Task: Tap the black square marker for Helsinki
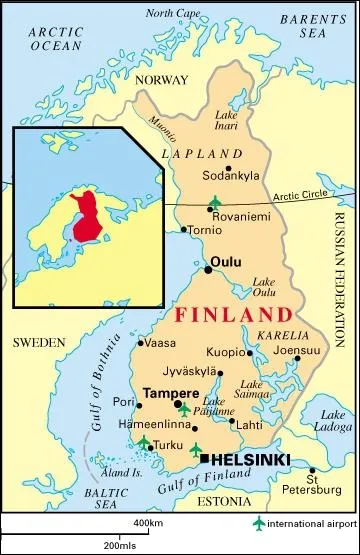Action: coord(204,458)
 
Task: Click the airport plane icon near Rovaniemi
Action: coord(214,204)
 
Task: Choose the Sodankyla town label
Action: coord(232,175)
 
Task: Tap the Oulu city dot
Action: coord(208,269)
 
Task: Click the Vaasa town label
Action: coord(161,342)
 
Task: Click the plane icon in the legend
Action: coord(261,523)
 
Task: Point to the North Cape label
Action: coord(172,13)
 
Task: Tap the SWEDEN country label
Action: coord(38,342)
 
